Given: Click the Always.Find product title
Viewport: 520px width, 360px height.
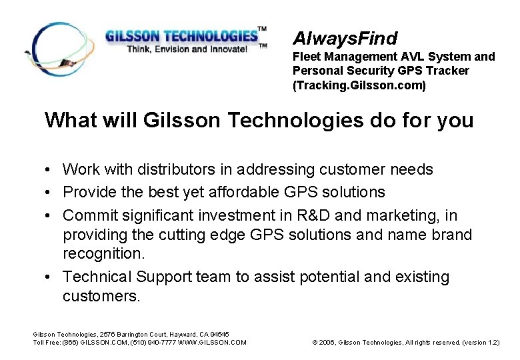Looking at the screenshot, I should click(x=345, y=39).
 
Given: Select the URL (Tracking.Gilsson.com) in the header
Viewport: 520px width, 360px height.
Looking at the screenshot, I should click(x=359, y=85).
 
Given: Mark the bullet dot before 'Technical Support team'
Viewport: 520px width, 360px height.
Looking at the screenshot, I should click(x=50, y=277).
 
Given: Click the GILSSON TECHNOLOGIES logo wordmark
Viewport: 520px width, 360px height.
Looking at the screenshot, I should click(x=181, y=35).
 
